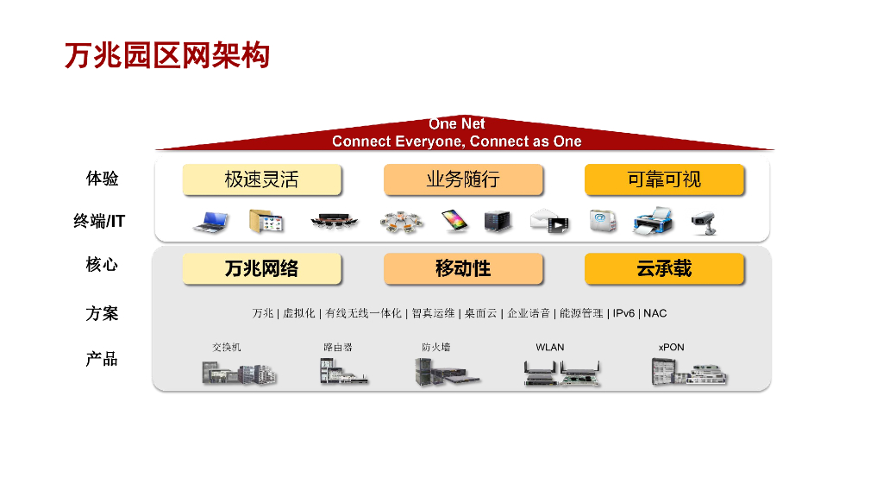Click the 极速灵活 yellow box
click(x=262, y=179)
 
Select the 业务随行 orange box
click(x=463, y=179)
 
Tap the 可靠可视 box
click(x=664, y=179)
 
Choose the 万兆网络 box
click(x=262, y=268)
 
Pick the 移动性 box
click(x=463, y=268)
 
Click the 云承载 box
click(x=664, y=268)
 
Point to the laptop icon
click(x=210, y=222)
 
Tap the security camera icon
click(x=704, y=222)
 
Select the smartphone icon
click(x=454, y=222)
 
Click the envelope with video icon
click(x=550, y=222)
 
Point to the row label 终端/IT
click(x=99, y=222)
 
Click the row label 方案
click(x=102, y=313)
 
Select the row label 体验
click(x=102, y=179)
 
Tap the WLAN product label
click(x=550, y=347)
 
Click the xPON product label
click(x=671, y=347)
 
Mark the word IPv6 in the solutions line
click(x=625, y=313)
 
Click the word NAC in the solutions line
click(x=655, y=313)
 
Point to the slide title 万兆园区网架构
click(x=167, y=55)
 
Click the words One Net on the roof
click(x=457, y=124)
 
